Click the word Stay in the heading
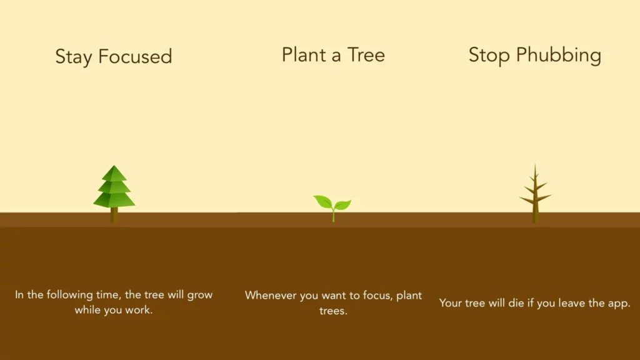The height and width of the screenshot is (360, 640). tap(74, 57)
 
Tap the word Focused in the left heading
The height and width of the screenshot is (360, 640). tap(134, 57)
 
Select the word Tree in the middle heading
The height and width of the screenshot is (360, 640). tap(366, 55)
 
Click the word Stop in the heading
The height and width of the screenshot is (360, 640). tap(489, 55)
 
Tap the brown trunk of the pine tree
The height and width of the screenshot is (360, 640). tap(114, 214)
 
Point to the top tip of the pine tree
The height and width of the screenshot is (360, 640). tap(114, 167)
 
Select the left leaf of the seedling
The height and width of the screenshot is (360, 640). tap(323, 201)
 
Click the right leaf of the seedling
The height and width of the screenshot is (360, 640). tap(342, 204)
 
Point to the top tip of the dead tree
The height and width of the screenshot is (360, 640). tap(535, 166)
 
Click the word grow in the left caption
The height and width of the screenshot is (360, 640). tap(200, 295)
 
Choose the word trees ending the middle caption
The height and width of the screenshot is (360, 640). tap(333, 311)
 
